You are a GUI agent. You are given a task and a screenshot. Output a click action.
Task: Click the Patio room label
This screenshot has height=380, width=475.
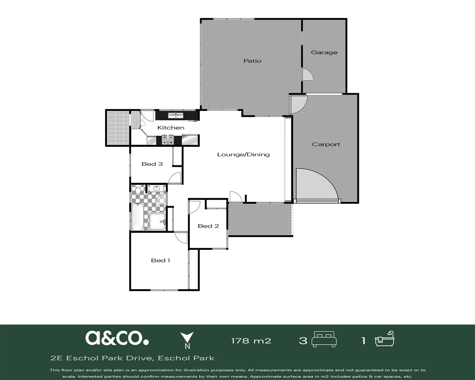point(252,61)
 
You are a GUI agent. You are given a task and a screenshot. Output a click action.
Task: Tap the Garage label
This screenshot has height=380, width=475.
point(324,52)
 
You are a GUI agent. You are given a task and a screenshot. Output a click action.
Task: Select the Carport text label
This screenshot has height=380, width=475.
point(326,144)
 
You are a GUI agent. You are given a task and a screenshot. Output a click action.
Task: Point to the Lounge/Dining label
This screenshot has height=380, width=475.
point(243,154)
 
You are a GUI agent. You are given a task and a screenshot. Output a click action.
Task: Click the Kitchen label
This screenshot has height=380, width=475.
point(171,128)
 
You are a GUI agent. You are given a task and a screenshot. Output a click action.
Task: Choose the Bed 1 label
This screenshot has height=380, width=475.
point(160,260)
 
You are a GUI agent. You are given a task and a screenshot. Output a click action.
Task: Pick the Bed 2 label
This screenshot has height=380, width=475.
point(208,226)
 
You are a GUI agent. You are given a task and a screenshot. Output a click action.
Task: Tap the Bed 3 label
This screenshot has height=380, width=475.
point(152,164)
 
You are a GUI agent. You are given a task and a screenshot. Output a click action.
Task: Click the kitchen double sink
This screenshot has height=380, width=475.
point(176,115)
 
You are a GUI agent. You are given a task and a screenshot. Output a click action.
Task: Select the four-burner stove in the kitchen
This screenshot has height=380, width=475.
point(168,140)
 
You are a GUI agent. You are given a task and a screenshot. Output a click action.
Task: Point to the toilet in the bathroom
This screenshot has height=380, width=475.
point(138,189)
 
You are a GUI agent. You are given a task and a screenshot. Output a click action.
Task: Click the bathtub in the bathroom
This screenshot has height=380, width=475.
point(138,217)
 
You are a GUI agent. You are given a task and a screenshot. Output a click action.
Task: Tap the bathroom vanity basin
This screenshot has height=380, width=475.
point(157,188)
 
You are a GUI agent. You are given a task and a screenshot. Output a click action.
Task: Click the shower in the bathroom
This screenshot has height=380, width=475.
point(157,221)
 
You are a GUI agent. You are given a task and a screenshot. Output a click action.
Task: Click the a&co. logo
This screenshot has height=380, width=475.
point(117,338)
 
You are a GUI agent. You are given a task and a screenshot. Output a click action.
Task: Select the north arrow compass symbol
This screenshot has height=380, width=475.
point(187,340)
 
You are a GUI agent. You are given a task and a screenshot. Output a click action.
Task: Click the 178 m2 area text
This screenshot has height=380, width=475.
point(251,341)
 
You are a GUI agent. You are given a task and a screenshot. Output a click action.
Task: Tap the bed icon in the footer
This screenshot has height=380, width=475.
point(324,339)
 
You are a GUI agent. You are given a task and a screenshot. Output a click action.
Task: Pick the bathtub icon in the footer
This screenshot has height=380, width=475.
point(385,339)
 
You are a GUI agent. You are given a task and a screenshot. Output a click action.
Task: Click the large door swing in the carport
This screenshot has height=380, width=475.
point(317,184)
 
